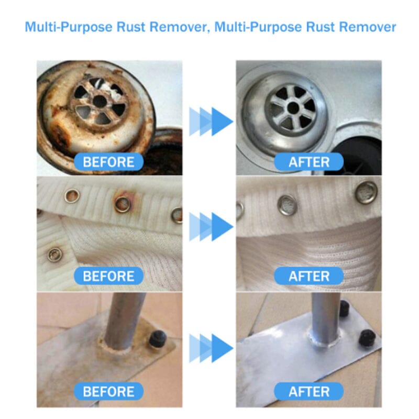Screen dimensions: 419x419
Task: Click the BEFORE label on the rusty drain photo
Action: [x=108, y=161]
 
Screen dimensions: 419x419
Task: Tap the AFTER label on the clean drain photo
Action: [x=308, y=161]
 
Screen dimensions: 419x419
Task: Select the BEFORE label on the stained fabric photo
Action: [x=108, y=275]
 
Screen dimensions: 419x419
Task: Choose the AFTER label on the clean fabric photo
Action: [x=308, y=275]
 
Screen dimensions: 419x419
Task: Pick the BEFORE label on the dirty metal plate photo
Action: [x=108, y=391]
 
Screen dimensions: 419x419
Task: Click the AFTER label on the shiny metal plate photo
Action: [x=308, y=391]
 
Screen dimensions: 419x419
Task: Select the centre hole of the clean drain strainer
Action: [x=293, y=107]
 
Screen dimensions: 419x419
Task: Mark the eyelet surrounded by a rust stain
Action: [x=123, y=204]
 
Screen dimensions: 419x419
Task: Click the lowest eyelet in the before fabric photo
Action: [x=53, y=255]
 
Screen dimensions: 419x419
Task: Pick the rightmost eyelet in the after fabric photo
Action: [x=366, y=192]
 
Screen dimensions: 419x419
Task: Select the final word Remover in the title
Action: [x=367, y=27]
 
